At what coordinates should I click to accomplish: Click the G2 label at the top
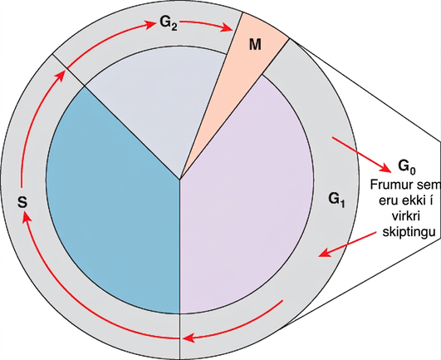(169, 23)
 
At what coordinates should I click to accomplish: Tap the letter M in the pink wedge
(255, 44)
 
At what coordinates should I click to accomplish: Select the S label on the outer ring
(22, 201)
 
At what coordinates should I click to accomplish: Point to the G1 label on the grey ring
(336, 200)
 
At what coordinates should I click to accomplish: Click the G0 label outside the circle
(407, 167)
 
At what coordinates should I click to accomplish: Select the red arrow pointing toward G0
(361, 155)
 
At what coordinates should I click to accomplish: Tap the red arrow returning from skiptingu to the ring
(347, 244)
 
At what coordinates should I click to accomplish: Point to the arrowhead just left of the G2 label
(151, 24)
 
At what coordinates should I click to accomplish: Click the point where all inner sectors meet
(180, 180)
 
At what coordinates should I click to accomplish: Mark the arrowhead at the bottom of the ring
(189, 338)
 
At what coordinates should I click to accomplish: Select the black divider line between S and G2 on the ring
(68, 70)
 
